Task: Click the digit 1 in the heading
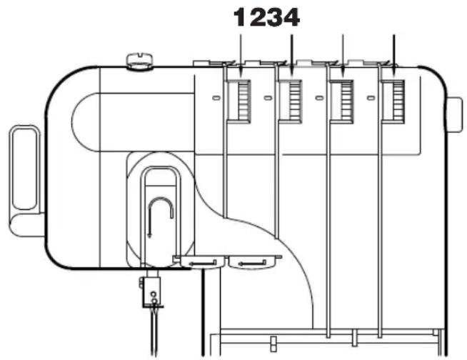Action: point(240,17)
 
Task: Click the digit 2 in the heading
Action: point(256,17)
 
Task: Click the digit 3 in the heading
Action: point(273,17)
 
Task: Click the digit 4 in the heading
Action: point(291,17)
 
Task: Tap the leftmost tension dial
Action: point(239,101)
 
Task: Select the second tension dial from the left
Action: point(291,101)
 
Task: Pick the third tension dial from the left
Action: point(342,101)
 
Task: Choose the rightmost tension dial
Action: point(393,101)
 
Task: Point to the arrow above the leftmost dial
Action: point(241,56)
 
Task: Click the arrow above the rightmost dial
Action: point(394,56)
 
